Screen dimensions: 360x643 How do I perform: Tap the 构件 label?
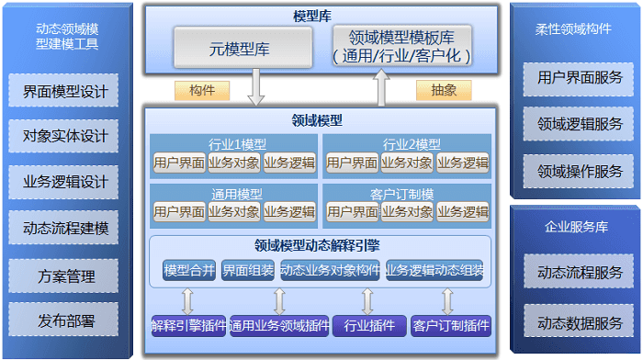click(x=202, y=90)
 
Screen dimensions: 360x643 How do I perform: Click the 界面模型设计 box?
click(x=65, y=91)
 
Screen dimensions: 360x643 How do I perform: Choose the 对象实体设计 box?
click(x=65, y=137)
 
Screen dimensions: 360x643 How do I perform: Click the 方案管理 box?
click(x=65, y=276)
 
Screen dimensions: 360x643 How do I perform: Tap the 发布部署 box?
click(x=65, y=321)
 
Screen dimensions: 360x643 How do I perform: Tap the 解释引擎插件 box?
click(x=187, y=325)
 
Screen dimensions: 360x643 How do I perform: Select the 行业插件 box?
click(x=368, y=325)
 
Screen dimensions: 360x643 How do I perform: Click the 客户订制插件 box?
click(x=451, y=325)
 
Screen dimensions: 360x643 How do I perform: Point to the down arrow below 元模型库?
click(x=256, y=88)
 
